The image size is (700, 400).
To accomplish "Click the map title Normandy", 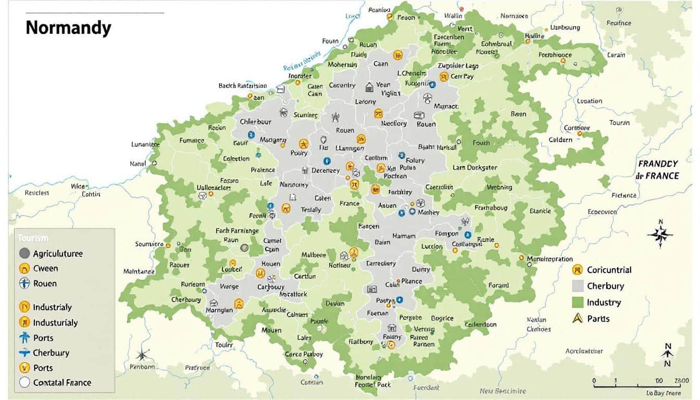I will (x=68, y=28).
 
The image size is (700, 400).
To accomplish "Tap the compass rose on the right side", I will (x=660, y=234).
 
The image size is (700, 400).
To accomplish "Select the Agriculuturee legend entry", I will (x=57, y=254).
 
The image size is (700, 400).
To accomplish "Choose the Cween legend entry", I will (x=45, y=269).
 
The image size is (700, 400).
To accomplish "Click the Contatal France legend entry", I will (x=61, y=382).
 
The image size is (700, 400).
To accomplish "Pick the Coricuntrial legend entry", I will (x=608, y=270).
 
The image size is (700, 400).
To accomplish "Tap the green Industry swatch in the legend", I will (x=577, y=302).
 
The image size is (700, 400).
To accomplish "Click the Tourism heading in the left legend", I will (x=32, y=238).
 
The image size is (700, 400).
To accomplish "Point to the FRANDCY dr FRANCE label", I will (x=658, y=170).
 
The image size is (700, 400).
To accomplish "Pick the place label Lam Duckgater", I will (x=474, y=168).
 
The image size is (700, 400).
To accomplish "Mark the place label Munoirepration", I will (x=550, y=259).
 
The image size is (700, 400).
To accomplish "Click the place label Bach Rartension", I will (x=243, y=86).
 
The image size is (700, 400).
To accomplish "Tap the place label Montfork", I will (x=293, y=294).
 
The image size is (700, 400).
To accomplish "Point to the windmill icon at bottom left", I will (x=142, y=355).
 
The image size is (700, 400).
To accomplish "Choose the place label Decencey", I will (x=326, y=170).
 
